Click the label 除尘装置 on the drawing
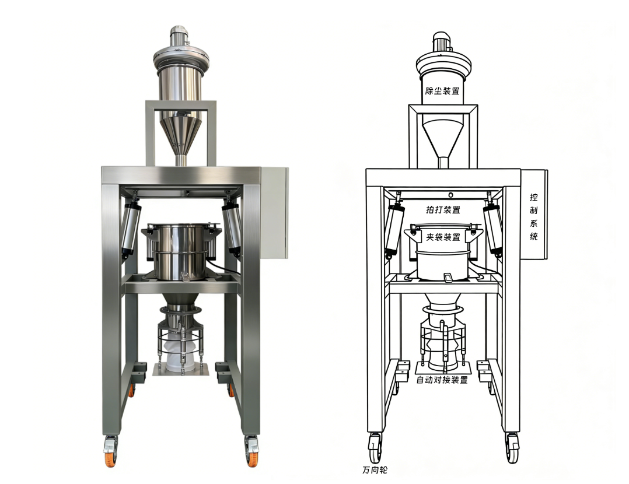[x=442, y=90]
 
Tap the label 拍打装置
[x=443, y=209]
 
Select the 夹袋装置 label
[x=443, y=237]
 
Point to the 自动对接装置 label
[x=442, y=380]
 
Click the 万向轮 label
[x=375, y=469]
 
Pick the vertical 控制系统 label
[x=533, y=217]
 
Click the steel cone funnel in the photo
[x=181, y=134]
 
